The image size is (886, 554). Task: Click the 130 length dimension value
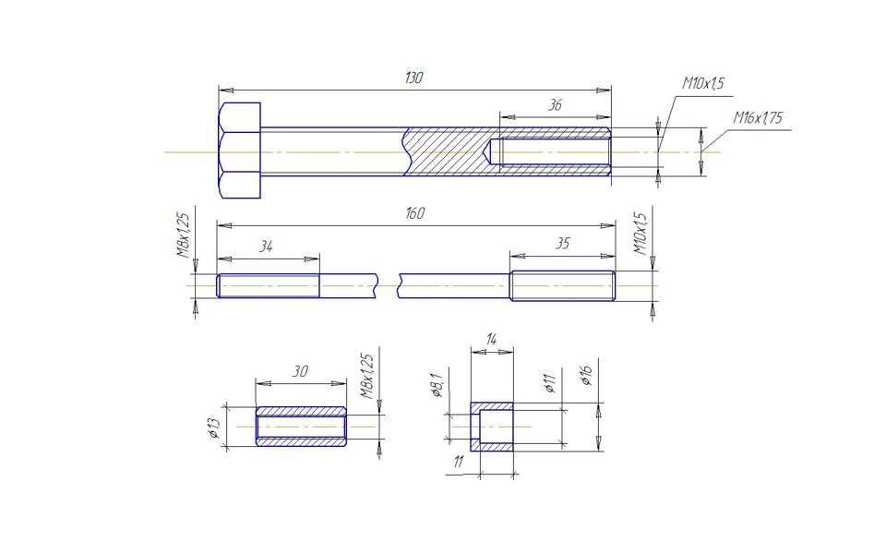tap(414, 78)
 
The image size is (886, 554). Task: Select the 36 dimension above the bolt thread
tap(556, 105)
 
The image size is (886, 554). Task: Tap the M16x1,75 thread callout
tap(758, 117)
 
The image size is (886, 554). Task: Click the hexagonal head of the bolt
tap(239, 151)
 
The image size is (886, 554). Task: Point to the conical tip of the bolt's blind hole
tap(486, 152)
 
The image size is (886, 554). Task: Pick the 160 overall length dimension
tap(414, 213)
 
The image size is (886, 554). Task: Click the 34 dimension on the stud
tap(266, 247)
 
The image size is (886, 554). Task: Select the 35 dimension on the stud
tap(562, 244)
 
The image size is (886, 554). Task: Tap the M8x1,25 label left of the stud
tap(185, 235)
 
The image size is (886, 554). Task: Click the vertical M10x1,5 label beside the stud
tap(641, 234)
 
